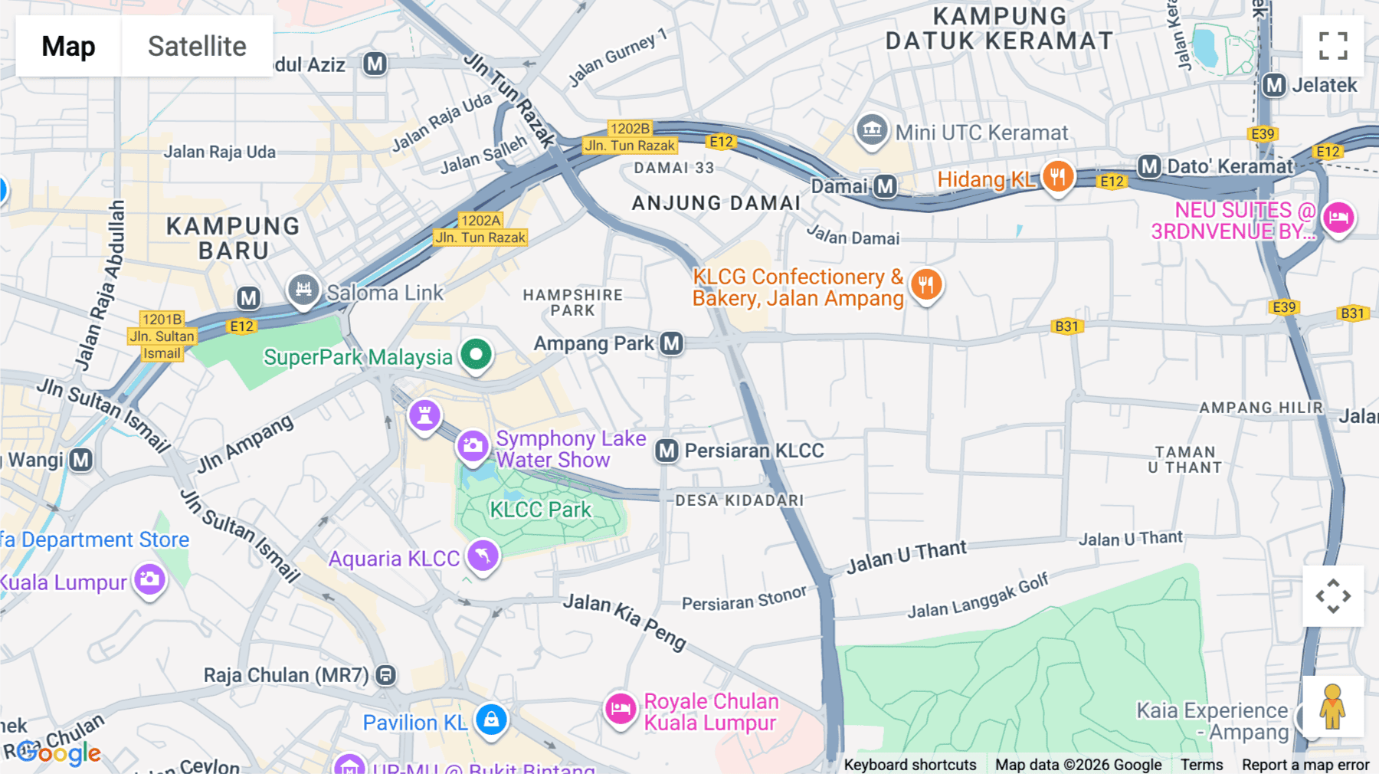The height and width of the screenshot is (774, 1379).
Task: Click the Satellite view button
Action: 197,46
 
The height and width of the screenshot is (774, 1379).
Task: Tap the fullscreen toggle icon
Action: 1333,46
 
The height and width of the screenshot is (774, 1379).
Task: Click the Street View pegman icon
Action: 1333,707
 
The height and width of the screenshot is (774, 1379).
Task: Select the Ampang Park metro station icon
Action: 672,343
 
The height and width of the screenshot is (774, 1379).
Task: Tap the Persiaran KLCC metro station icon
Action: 667,451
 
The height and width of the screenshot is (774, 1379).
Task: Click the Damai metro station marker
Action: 886,186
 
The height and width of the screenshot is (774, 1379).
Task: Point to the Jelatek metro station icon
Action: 1274,85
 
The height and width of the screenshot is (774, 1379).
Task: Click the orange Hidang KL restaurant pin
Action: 1057,177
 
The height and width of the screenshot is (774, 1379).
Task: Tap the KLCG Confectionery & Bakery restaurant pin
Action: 925,285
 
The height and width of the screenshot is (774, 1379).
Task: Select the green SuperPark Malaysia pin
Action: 476,355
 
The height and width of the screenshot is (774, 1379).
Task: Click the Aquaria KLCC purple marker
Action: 483,556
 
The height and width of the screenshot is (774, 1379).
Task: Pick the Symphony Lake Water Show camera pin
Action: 473,445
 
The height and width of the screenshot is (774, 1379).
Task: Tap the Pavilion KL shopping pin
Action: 491,720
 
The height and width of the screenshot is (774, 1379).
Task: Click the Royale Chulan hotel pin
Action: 621,709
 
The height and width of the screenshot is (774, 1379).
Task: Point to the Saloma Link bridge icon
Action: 303,290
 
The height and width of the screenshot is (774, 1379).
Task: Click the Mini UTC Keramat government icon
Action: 872,130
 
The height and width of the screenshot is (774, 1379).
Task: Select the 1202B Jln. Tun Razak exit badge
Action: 630,136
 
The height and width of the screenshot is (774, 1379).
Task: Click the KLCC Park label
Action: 540,510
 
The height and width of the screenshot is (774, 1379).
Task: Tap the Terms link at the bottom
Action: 1201,764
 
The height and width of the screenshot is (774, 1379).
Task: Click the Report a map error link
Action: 1305,764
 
